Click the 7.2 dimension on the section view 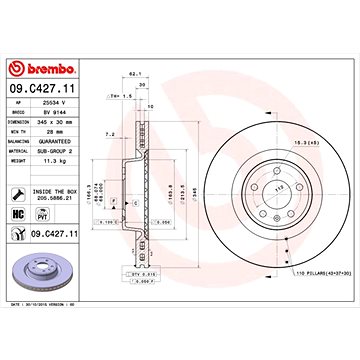110,133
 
